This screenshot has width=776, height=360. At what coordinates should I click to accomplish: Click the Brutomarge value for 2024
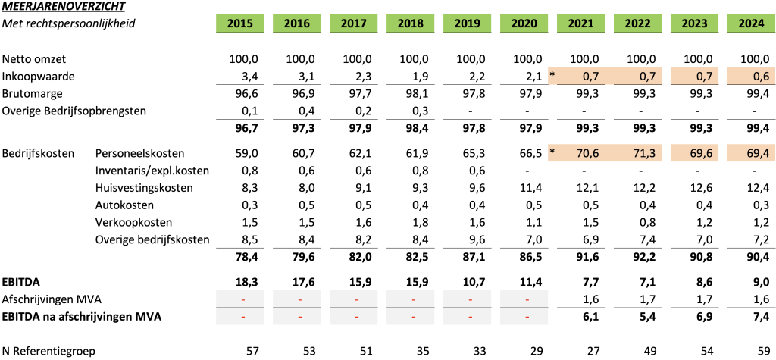757,93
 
